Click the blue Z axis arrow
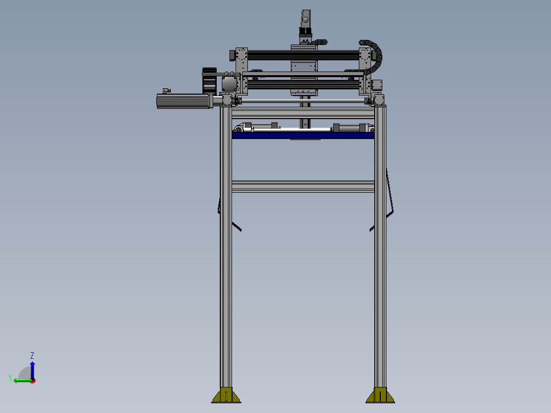tap(32, 371)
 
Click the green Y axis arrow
tap(23, 380)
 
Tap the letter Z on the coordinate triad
tap(32, 355)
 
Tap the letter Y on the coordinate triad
tap(10, 378)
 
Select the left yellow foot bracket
tap(226, 395)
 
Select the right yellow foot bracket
tap(380, 395)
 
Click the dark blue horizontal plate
tap(303, 135)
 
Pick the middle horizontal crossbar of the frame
tap(303, 187)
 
